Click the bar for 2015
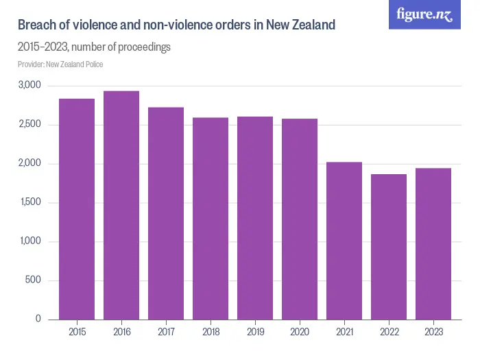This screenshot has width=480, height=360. (77, 209)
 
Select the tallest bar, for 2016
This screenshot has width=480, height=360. (121, 205)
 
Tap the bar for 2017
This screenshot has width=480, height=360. (166, 213)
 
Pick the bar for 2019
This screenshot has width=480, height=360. (255, 218)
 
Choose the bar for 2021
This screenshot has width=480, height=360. (344, 241)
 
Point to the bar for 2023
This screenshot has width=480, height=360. (433, 244)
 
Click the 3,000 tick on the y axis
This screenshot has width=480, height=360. (30, 86)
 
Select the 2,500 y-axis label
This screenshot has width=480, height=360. (30, 125)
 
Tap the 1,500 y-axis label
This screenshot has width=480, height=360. (30, 203)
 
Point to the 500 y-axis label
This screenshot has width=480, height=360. (34, 280)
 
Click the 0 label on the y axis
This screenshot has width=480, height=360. (38, 320)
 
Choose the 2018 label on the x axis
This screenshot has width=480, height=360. (211, 333)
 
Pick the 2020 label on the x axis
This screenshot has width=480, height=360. (300, 333)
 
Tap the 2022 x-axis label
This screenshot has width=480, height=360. (389, 333)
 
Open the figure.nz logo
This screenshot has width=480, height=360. (424, 15)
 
